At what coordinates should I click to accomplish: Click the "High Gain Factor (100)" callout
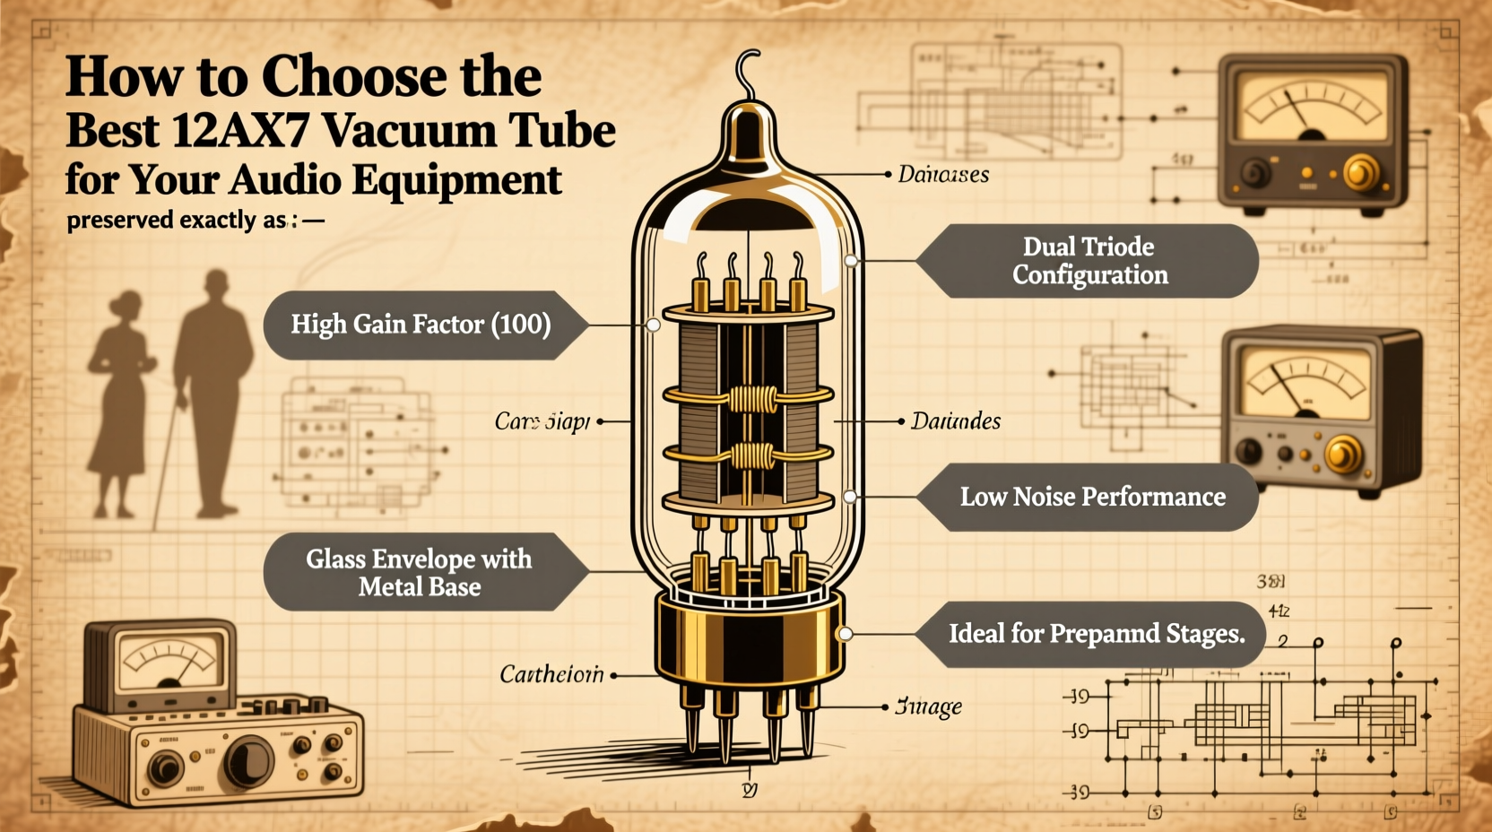(x=421, y=325)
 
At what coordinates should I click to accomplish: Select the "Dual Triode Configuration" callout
(x=1089, y=261)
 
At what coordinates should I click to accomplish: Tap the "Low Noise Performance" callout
(x=1092, y=497)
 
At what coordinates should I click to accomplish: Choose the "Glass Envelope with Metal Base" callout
(x=420, y=573)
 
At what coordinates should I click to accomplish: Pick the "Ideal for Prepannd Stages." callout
(x=1096, y=634)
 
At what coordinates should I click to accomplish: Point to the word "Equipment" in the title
(x=456, y=180)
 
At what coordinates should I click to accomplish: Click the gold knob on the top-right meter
(x=1361, y=173)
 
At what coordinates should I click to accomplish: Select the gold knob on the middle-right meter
(x=1342, y=455)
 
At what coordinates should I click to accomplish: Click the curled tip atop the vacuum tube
(x=747, y=72)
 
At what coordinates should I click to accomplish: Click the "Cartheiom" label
(x=551, y=674)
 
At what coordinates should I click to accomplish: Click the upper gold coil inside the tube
(x=750, y=397)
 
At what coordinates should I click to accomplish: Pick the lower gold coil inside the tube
(x=750, y=456)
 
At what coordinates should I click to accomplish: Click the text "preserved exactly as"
(x=177, y=221)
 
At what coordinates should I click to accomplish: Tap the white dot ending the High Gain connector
(x=654, y=325)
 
